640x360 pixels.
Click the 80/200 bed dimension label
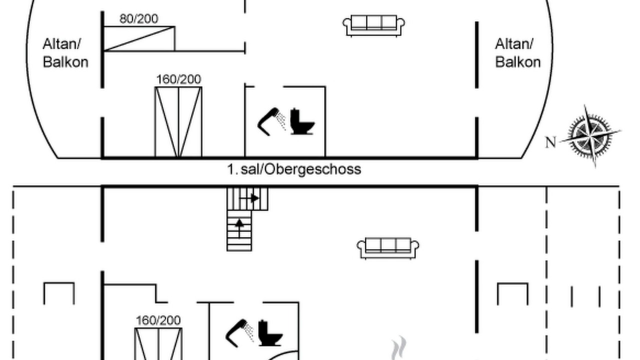tap(139, 19)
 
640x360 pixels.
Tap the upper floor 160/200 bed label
tap(179, 79)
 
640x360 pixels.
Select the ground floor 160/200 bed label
tap(158, 320)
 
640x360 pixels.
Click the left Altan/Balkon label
tap(65, 53)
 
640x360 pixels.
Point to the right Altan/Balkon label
tap(517, 53)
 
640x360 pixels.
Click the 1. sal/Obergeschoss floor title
tap(294, 169)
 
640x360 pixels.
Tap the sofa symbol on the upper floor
tap(373, 25)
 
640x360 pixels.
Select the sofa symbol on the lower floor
tap(388, 248)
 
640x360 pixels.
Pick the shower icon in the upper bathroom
tap(271, 121)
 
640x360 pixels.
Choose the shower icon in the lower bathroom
tap(239, 333)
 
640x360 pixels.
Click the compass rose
tap(590, 135)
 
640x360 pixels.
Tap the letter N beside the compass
tap(551, 142)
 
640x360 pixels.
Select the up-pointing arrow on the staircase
tap(239, 227)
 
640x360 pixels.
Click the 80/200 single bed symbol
tap(139, 38)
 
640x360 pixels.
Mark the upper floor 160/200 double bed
tap(178, 122)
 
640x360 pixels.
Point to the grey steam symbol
tap(399, 347)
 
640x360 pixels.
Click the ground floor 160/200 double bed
tap(158, 344)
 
